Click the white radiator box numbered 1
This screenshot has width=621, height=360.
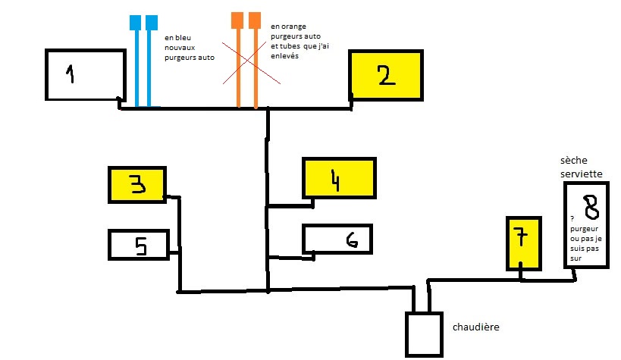[x=85, y=74]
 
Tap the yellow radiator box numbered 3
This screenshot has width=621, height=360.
[x=137, y=185]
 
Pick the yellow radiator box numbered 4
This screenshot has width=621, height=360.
[x=339, y=178]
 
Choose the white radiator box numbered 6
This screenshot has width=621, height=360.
[x=337, y=239]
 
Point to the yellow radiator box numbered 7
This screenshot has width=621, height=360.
[x=523, y=242]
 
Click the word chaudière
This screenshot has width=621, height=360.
[x=476, y=327]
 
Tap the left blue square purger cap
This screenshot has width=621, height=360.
[x=136, y=22]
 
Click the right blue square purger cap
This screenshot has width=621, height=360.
[x=152, y=22]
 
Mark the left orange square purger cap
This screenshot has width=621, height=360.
[x=238, y=19]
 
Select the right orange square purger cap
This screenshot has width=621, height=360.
[x=255, y=19]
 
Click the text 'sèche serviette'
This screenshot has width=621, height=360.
[x=582, y=167]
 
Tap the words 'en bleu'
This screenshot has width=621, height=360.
[x=179, y=36]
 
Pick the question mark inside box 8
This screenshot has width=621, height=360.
[x=572, y=218]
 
